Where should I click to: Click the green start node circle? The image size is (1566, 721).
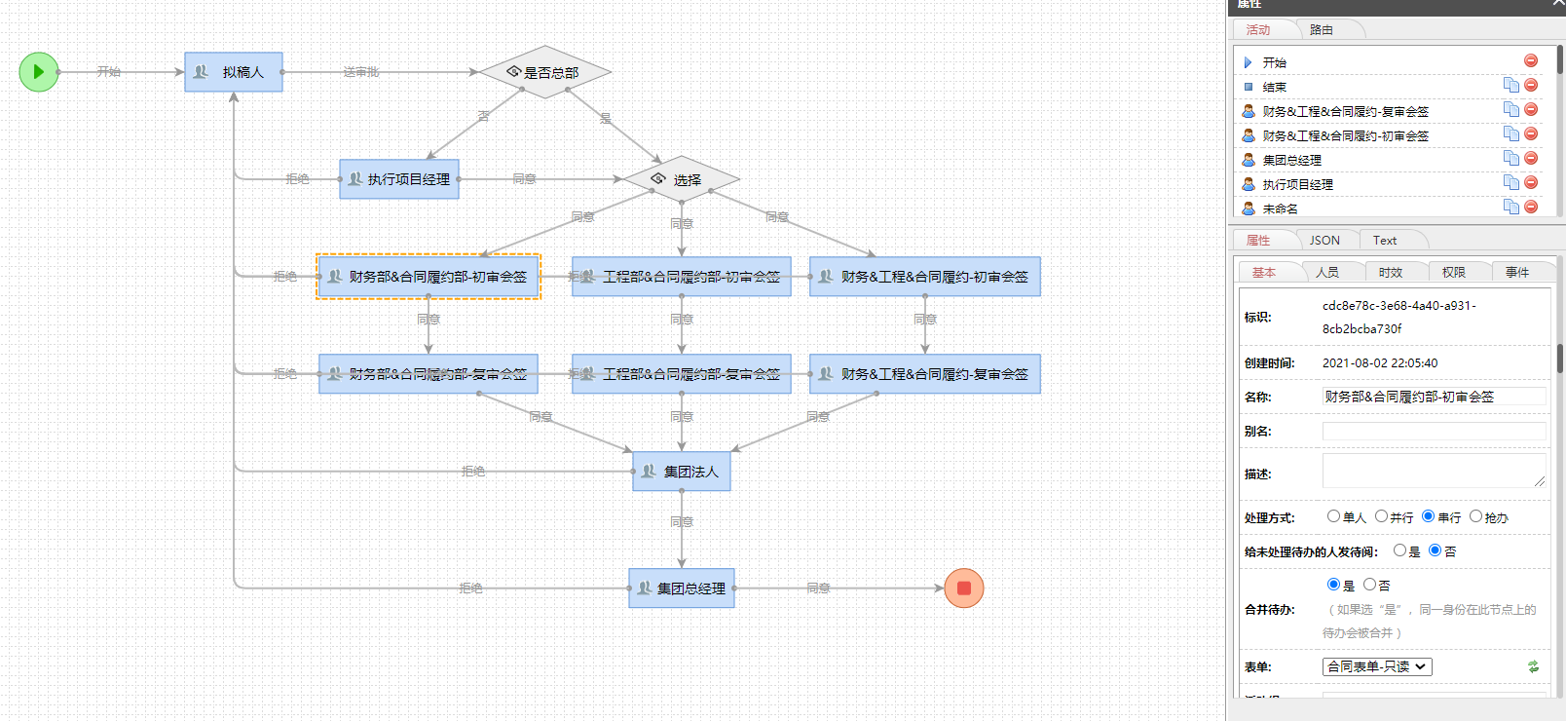click(39, 72)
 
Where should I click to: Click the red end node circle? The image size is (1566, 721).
click(964, 588)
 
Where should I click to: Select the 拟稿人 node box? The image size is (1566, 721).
click(234, 72)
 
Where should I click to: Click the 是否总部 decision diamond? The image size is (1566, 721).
click(545, 72)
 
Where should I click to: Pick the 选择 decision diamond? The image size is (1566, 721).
click(681, 179)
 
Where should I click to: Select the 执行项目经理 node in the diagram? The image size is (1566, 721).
click(399, 179)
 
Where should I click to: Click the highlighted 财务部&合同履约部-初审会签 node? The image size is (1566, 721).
click(429, 277)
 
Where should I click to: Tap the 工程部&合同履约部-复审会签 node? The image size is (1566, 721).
click(682, 374)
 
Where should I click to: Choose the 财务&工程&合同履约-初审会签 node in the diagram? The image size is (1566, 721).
click(925, 277)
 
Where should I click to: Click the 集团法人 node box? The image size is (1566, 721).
click(682, 472)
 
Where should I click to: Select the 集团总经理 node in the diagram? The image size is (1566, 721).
click(682, 588)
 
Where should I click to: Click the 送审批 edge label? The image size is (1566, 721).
click(361, 72)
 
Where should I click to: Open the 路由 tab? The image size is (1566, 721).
click(1322, 30)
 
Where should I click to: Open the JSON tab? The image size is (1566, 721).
click(1324, 241)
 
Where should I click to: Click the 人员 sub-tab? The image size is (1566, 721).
click(1327, 273)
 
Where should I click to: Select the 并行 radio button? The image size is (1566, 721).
click(1381, 516)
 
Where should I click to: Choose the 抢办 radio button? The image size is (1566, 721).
click(1475, 516)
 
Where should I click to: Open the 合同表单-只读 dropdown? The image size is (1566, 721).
click(1377, 667)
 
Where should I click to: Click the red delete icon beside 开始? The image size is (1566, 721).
click(1531, 60)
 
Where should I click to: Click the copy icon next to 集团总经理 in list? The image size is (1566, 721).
click(1510, 158)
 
